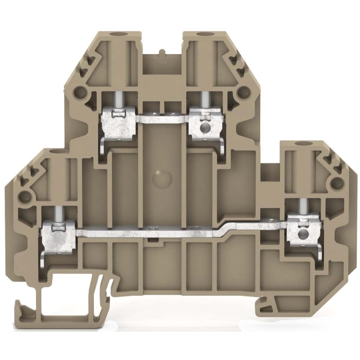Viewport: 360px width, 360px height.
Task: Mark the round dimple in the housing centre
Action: [x=163, y=179]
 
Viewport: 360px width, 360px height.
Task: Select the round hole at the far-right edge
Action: [x=335, y=183]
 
